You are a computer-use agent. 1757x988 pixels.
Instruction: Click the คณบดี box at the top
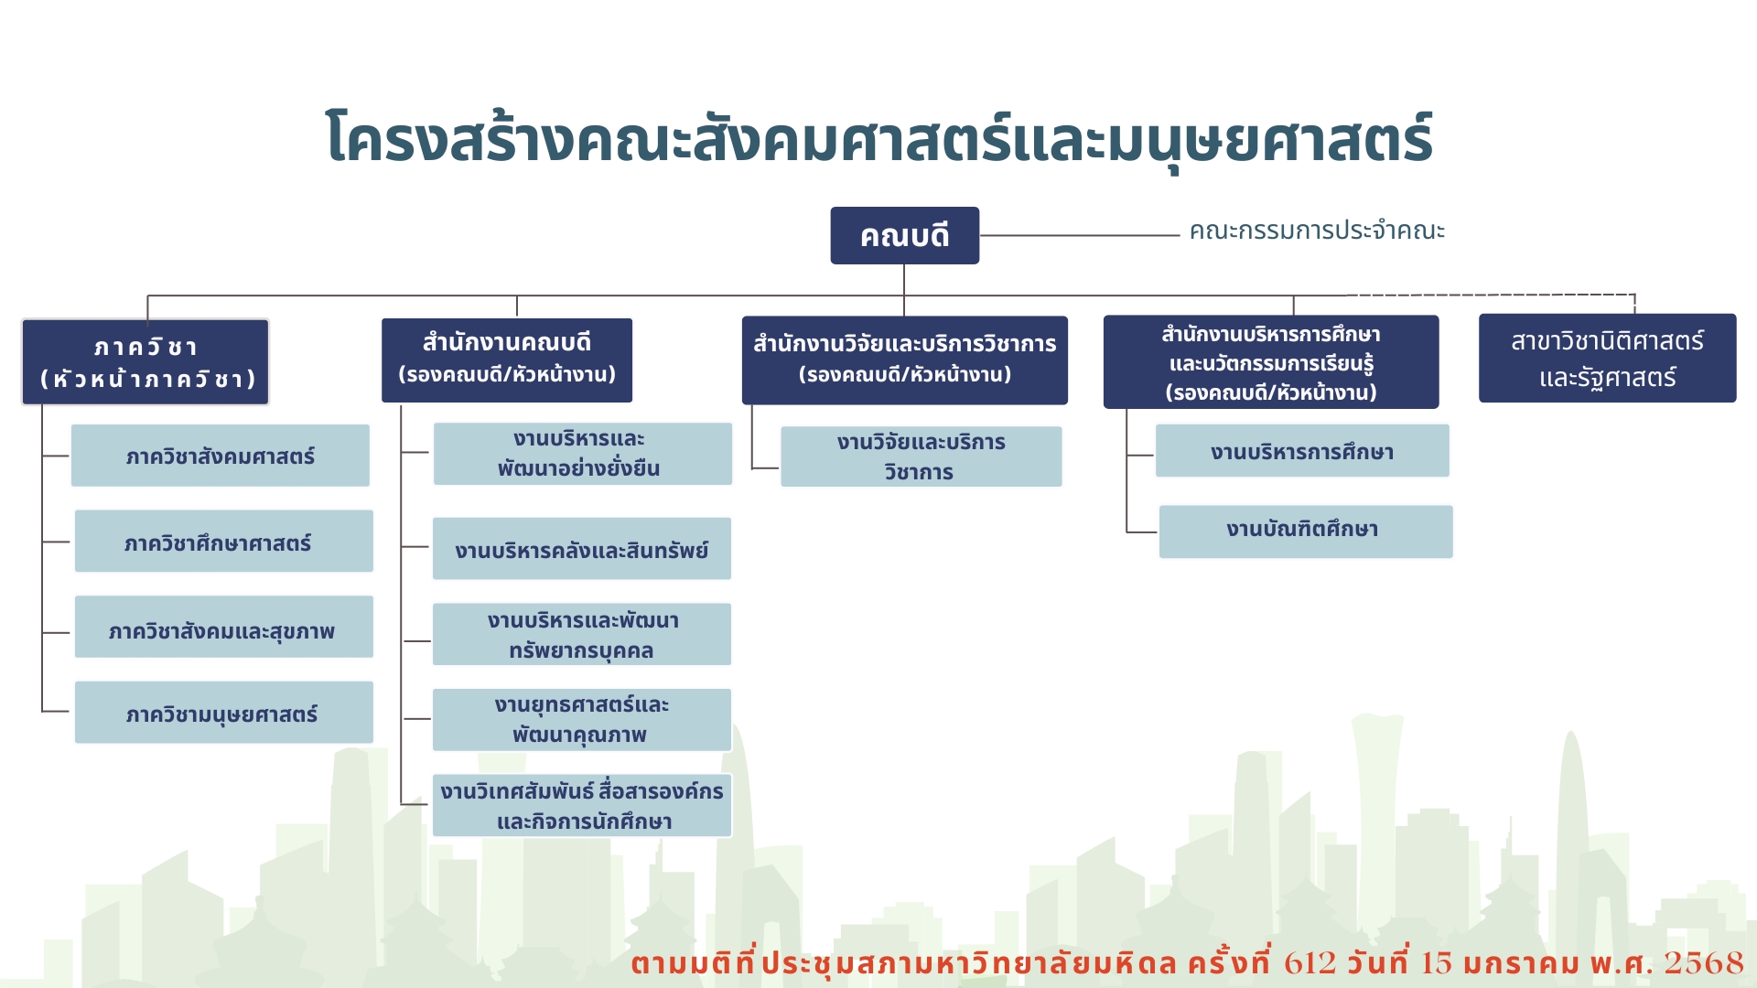coord(904,235)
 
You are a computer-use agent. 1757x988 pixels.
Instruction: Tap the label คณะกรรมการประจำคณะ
coord(1317,231)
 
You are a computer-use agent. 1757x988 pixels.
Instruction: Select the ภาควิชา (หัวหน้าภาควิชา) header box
coord(146,361)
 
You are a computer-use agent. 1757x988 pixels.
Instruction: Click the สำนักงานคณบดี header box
coord(507,360)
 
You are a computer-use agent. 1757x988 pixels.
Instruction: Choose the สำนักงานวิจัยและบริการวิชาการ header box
coord(904,360)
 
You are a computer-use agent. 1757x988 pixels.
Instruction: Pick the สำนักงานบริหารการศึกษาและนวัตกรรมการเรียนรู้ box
coord(1271,361)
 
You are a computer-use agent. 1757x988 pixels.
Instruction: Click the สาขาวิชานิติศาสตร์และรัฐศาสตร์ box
coord(1607,358)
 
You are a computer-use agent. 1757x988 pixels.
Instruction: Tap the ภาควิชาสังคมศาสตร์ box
coord(221,456)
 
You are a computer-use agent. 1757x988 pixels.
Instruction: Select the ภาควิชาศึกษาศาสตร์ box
coord(223,541)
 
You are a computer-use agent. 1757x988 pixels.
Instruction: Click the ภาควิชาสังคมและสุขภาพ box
coord(223,627)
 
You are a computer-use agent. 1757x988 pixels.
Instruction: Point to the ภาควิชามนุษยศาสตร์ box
coord(223,712)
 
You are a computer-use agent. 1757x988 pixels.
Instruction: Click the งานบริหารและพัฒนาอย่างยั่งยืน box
coord(582,454)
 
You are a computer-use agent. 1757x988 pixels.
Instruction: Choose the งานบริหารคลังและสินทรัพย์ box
coord(582,549)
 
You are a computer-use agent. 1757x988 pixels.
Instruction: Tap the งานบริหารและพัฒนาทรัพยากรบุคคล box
coord(582,634)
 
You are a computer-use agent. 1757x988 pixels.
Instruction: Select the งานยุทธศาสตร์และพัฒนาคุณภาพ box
coord(582,720)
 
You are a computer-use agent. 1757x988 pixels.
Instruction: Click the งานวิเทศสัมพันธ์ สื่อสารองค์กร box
coord(582,805)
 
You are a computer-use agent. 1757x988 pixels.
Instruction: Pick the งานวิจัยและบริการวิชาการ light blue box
coord(921,456)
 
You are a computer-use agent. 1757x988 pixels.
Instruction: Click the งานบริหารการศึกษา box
coord(1302,451)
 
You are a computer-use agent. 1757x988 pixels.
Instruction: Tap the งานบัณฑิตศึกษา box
coord(1306,532)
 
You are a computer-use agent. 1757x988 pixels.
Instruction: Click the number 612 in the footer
coord(1310,962)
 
